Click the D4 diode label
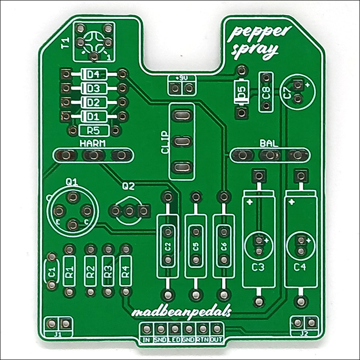click(x=93, y=74)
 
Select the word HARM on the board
click(x=93, y=144)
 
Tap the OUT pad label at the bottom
click(x=216, y=340)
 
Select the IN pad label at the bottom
click(x=146, y=340)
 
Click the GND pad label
click(x=188, y=340)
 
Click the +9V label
click(x=182, y=78)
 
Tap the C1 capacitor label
click(x=52, y=271)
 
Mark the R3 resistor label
click(x=108, y=271)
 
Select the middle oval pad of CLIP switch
click(x=182, y=142)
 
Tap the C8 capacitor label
click(x=265, y=94)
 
